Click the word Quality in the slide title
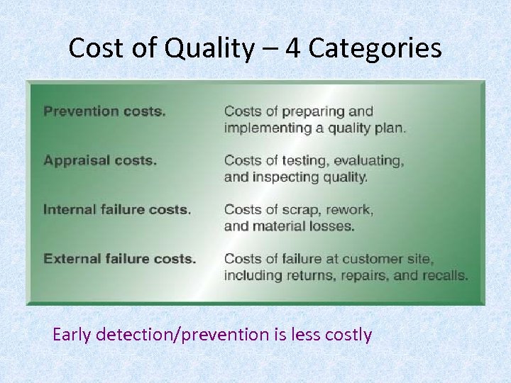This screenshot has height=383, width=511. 209,49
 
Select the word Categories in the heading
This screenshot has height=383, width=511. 375,49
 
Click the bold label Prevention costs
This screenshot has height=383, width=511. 104,111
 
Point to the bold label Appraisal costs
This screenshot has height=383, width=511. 100,160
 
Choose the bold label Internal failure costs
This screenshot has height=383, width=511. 117,210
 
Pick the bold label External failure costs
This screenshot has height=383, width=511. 119,259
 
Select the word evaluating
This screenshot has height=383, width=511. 369,160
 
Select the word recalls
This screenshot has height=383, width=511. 445,276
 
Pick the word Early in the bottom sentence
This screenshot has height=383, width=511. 72,334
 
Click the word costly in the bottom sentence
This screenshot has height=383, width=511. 348,334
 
